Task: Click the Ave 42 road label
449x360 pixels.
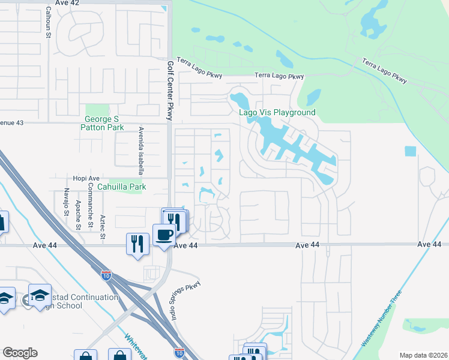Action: click(x=67, y=3)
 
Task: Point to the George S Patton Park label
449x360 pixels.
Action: click(x=104, y=123)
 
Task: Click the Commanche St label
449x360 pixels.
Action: click(x=91, y=200)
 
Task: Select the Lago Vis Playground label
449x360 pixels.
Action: click(x=277, y=112)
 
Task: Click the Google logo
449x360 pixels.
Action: click(x=20, y=353)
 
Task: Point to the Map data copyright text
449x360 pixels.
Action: click(x=424, y=355)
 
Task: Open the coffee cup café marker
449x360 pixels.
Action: click(x=163, y=235)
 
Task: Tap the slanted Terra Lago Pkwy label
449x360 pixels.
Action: click(x=385, y=71)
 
